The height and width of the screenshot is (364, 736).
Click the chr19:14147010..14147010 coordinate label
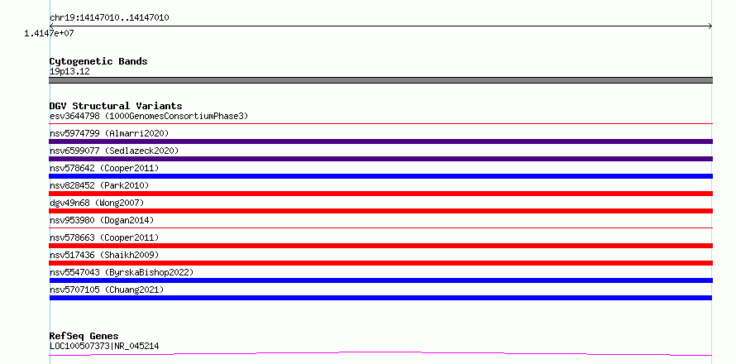[109, 18]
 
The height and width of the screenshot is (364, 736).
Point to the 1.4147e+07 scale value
[50, 33]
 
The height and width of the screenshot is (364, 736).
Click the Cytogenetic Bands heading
[98, 61]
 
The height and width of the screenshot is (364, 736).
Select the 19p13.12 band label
[69, 72]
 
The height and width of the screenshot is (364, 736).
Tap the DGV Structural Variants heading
[116, 106]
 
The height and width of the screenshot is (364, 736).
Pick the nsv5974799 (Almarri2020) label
[109, 133]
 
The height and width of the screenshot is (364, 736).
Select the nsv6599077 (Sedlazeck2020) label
[114, 151]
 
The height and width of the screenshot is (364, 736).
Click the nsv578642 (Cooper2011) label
[104, 168]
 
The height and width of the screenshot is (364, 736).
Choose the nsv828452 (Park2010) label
[99, 185]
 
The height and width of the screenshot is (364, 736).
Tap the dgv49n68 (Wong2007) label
[97, 203]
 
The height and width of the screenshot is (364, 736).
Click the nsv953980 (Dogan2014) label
[102, 220]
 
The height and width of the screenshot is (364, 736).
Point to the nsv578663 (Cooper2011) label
[104, 237]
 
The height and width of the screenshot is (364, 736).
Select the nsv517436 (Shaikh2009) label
[104, 255]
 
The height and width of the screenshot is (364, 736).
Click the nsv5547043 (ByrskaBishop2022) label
[122, 272]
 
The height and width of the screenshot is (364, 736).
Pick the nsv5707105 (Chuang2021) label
[107, 290]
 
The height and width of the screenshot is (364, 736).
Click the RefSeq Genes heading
[84, 337]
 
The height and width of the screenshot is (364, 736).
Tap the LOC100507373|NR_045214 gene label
[104, 347]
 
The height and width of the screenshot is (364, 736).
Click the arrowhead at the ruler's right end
[710, 26]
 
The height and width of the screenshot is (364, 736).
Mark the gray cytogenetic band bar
[380, 80]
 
